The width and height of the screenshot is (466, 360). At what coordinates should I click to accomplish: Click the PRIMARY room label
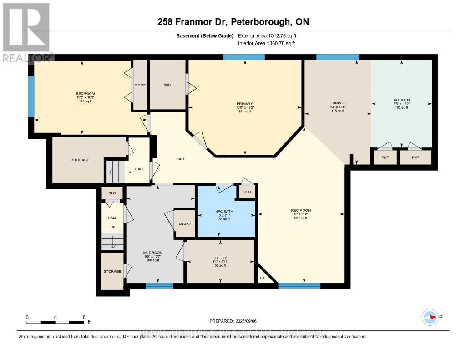244,104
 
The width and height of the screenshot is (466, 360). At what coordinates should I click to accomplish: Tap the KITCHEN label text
401,100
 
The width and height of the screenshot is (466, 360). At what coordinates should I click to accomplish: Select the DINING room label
338,103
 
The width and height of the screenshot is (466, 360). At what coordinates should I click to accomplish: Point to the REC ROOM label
301,210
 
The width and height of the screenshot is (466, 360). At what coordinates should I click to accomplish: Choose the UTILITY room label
220,258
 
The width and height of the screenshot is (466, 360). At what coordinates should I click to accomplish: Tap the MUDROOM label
153,253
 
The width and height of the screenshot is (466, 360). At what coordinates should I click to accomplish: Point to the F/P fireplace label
263,278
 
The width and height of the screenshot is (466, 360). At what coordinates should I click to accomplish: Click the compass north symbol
430,317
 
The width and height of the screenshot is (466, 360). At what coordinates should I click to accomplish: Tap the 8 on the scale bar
83,317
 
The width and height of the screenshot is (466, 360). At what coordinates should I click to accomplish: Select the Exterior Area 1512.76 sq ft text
267,35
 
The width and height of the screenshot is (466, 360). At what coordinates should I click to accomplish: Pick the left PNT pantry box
385,157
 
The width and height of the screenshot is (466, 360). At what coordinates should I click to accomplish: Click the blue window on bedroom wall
31,96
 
